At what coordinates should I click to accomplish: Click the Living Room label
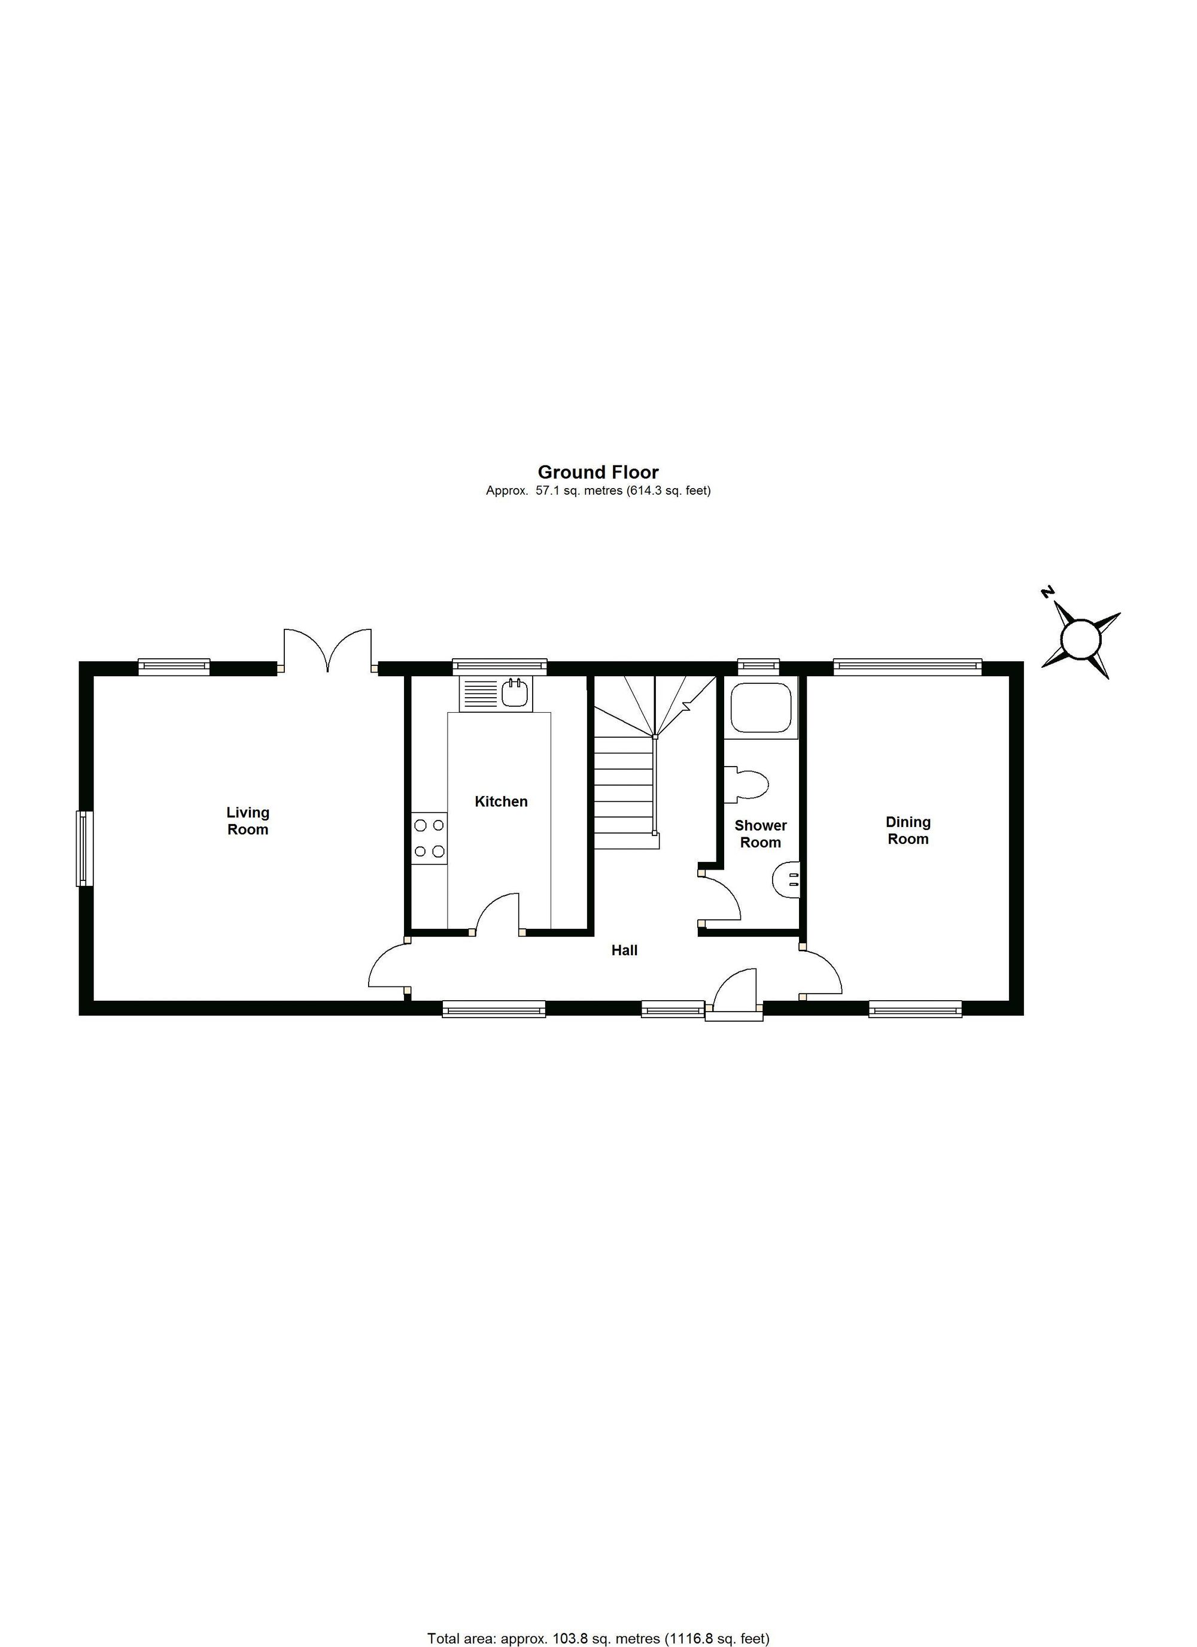(248, 821)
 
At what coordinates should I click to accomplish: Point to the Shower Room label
(760, 834)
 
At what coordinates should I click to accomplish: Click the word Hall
(624, 950)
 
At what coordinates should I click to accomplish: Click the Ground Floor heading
(598, 473)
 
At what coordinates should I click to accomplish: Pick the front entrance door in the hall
(734, 989)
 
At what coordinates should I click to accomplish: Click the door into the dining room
(822, 970)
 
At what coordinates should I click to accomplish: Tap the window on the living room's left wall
(85, 848)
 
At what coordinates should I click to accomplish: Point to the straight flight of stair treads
(624, 792)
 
